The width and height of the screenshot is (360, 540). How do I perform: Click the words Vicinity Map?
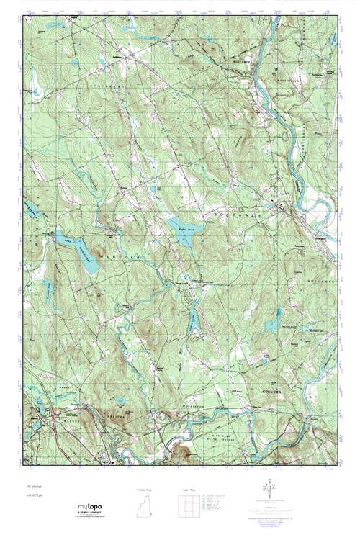click(145, 489)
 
